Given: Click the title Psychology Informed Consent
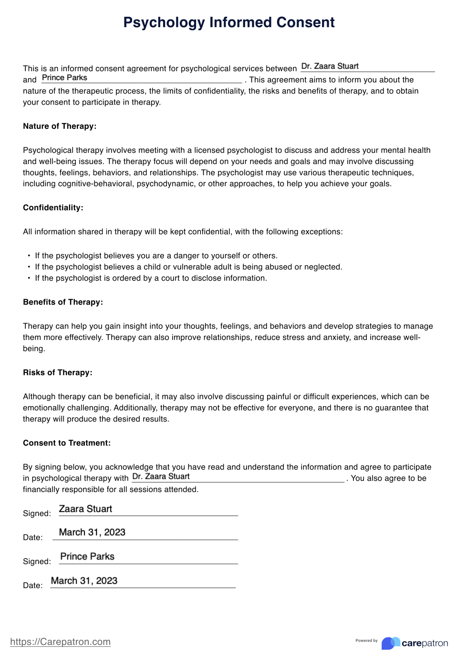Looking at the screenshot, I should coord(229,22).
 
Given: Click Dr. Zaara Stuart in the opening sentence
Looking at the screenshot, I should coord(330,66).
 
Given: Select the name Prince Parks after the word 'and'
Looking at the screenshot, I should coord(64,78).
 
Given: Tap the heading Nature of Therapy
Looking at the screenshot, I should coord(60,126).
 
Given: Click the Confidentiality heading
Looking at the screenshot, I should coord(53,208).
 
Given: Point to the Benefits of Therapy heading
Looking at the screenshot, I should coord(63,302).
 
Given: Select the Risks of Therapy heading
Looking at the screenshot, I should coord(58,373).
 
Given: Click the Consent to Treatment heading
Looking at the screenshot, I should coord(67,443).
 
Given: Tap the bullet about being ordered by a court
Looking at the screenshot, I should coord(151,278).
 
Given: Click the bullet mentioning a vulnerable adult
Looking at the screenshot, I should coord(188,267).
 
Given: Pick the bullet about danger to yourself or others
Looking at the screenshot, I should coord(156,256).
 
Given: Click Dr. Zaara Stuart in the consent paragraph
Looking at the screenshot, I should coord(161,476).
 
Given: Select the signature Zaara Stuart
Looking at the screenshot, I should coord(85,509).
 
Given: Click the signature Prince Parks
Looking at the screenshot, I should coord(87,557).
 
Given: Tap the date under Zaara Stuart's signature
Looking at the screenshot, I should coord(92,532).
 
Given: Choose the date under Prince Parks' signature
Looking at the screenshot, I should coord(84,581).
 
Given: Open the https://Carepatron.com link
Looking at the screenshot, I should coord(60,642).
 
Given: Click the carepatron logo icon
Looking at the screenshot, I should coord(391,643).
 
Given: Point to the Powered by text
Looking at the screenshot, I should coord(366,641).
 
